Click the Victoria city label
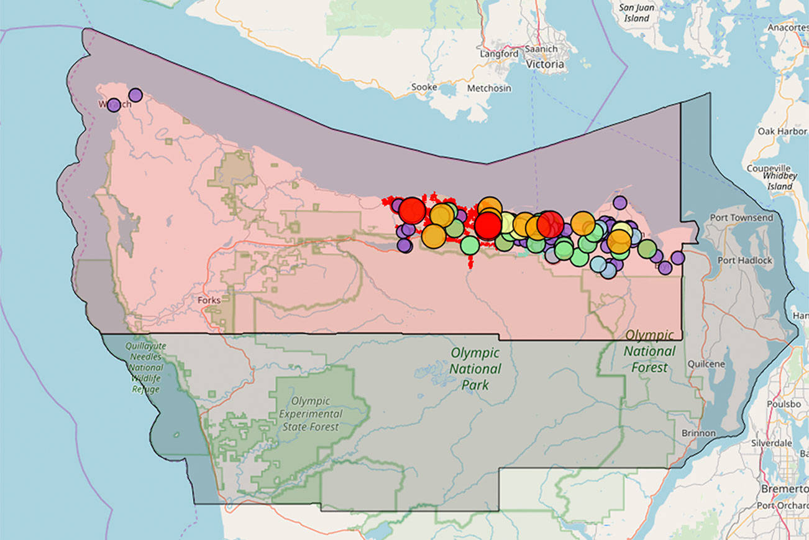click(545, 64)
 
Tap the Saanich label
click(541, 49)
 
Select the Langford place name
click(499, 54)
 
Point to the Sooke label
click(424, 87)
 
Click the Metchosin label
click(489, 88)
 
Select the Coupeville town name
click(769, 169)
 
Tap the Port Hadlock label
click(745, 260)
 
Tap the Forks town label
click(209, 300)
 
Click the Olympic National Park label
click(475, 368)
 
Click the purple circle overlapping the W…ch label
click(114, 105)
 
